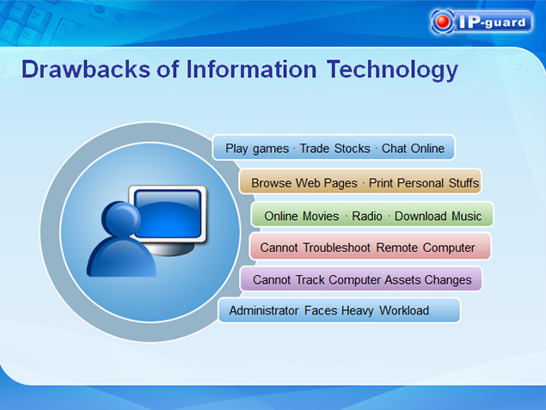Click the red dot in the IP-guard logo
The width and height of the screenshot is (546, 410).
443,21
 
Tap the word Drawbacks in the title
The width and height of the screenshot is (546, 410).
86,69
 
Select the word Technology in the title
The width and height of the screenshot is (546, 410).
392,70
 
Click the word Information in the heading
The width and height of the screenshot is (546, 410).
251,69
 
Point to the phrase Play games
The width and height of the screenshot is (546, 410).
257,149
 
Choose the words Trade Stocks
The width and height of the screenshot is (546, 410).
335,148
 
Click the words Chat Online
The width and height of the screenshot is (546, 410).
413,148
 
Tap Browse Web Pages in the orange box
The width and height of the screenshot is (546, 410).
304,183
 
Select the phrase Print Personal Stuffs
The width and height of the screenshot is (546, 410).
424,183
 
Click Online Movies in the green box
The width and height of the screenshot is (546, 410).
302,216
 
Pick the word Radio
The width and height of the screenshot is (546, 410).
367,216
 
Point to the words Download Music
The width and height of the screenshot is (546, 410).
438,216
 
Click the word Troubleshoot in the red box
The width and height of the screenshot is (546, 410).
337,248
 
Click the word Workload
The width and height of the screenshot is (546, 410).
404,310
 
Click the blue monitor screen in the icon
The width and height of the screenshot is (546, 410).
168,214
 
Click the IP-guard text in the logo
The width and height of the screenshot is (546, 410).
492,22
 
